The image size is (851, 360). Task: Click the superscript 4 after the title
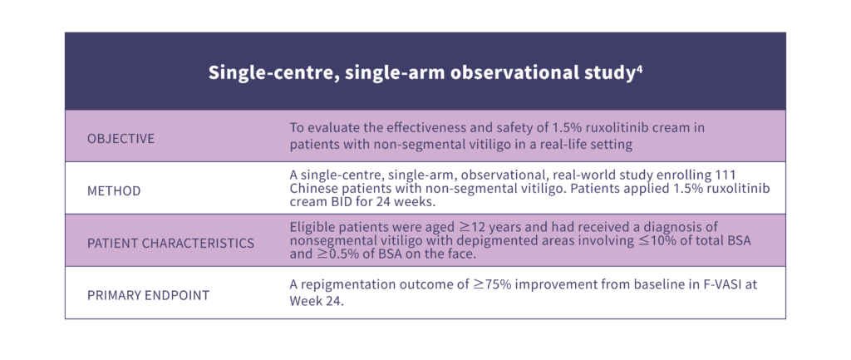click(639, 69)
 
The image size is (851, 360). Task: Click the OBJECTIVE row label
click(121, 139)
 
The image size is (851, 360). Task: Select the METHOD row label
click(114, 191)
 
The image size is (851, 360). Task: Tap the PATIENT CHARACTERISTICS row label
click(170, 244)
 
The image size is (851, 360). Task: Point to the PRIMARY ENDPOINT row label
click(148, 296)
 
